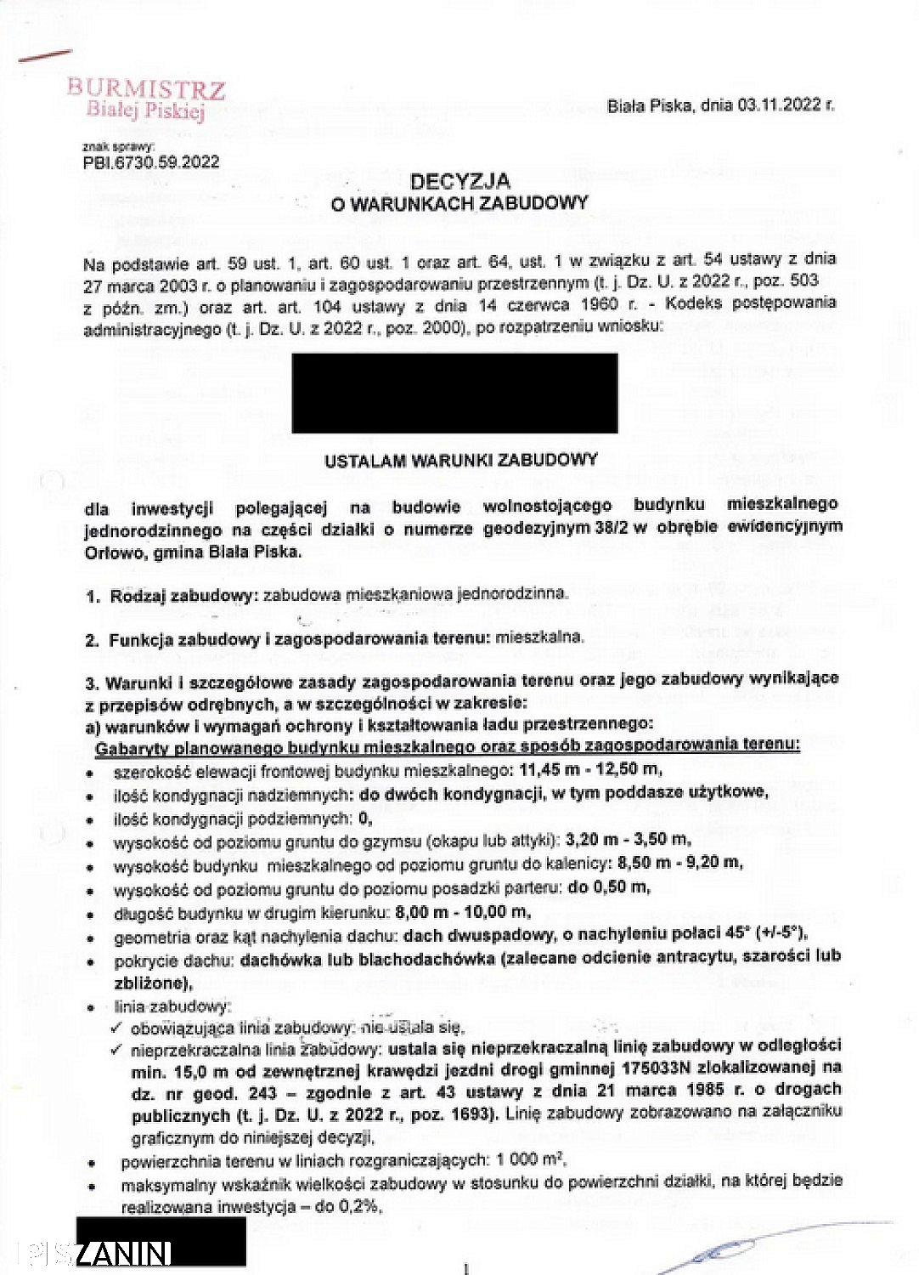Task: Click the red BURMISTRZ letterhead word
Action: click(146, 89)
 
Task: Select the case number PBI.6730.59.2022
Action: click(151, 162)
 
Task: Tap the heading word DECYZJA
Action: click(459, 181)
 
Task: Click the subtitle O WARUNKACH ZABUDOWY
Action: click(459, 203)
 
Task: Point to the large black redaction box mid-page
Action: click(454, 394)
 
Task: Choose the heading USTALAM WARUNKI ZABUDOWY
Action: click(461, 461)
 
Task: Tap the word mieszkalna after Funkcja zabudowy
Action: click(539, 637)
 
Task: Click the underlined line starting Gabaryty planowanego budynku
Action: click(447, 745)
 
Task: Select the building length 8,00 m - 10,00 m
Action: click(463, 912)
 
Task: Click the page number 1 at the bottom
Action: click(465, 1269)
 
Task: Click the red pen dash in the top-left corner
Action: click(44, 56)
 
